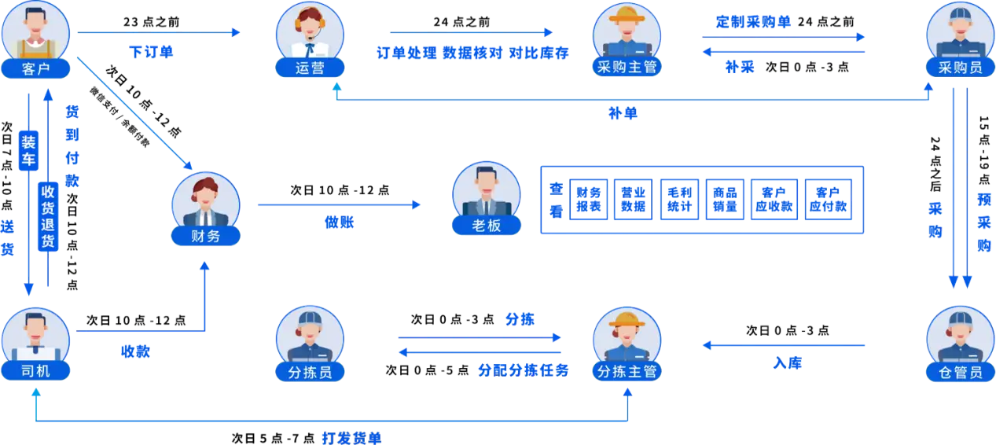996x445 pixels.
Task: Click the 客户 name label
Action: tap(36, 68)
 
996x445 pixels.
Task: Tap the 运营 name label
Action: tap(310, 68)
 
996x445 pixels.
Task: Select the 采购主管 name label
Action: tap(627, 66)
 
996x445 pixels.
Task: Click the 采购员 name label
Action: tap(960, 68)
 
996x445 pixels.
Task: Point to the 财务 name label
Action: tap(206, 235)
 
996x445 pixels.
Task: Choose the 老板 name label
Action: tap(487, 226)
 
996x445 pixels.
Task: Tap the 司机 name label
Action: tap(36, 370)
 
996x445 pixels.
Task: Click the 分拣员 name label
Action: tap(310, 371)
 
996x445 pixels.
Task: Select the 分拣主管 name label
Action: tap(627, 371)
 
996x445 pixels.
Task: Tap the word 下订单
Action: tap(151, 52)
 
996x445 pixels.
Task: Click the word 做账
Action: tap(339, 222)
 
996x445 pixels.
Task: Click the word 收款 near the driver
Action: tap(134, 351)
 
